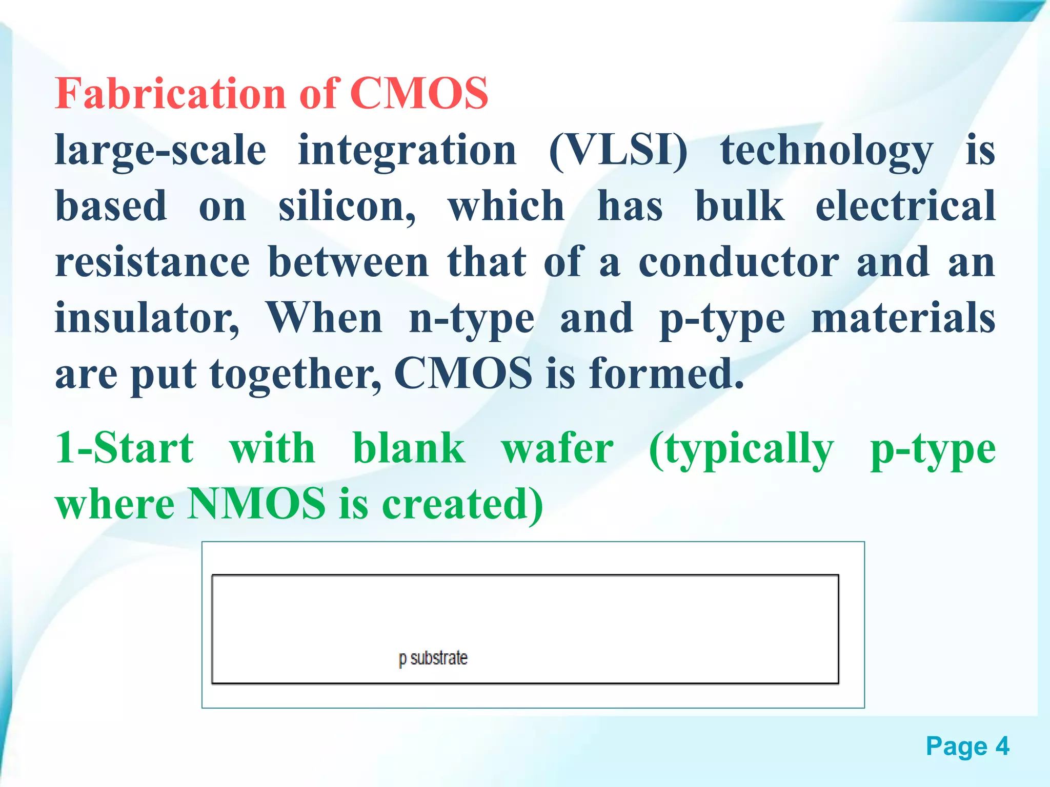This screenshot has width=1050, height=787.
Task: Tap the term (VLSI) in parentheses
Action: [x=617, y=151]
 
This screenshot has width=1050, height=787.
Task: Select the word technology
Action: [x=826, y=151]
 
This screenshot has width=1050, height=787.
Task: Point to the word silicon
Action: [x=347, y=206]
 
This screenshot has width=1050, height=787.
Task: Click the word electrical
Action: [x=905, y=206]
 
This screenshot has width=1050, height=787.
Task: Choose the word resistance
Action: [x=152, y=262]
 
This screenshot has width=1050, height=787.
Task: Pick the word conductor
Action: [x=738, y=262]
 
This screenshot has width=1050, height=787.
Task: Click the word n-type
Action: [x=472, y=318]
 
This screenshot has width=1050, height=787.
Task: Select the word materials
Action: [x=903, y=318]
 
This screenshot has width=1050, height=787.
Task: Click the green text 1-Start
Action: [x=125, y=448]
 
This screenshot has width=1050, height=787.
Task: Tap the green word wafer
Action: [x=557, y=448]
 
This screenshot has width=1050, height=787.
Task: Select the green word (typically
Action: [x=741, y=448]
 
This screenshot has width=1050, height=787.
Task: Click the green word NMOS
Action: [x=256, y=504]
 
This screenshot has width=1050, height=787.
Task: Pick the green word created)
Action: [x=461, y=504]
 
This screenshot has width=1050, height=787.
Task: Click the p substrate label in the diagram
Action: [x=433, y=658]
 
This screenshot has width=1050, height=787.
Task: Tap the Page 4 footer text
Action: [x=967, y=746]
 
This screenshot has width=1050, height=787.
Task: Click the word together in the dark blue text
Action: [x=295, y=374]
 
